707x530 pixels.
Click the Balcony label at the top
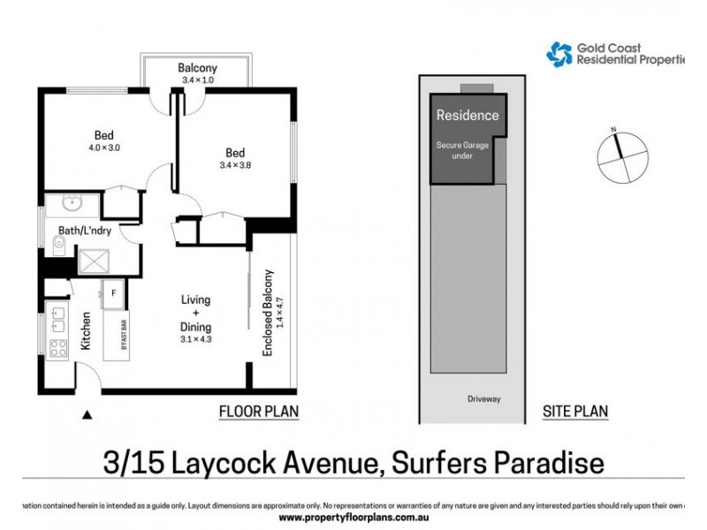197,68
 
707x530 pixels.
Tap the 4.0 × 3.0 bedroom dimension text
103,148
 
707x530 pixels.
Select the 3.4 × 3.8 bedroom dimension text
235,163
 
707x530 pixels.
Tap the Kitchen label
86,331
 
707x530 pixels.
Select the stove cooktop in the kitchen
58,348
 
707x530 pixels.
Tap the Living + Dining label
196,314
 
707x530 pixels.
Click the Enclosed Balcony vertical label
267,313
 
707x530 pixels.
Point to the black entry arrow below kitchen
87,413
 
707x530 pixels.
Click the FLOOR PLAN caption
258,412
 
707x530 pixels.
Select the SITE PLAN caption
574,412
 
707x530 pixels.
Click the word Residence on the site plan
468,115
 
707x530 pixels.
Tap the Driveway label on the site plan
483,398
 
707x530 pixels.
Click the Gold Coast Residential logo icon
559,55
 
